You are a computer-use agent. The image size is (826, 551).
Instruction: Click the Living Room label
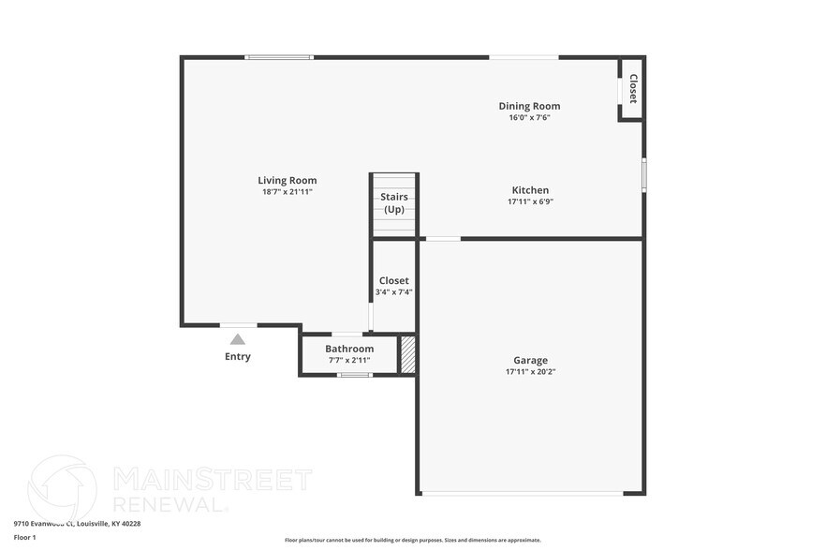288,180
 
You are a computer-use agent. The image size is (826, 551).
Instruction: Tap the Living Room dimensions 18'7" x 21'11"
288,191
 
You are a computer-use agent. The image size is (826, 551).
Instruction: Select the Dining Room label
529,106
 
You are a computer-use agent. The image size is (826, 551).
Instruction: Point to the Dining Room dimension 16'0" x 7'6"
529,117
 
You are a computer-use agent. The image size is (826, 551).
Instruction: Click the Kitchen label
530,190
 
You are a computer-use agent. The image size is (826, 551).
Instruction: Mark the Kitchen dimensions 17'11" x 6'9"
530,201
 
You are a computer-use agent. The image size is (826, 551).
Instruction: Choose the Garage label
530,360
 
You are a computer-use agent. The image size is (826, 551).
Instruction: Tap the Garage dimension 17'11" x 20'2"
530,371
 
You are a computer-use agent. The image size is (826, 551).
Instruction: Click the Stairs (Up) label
394,202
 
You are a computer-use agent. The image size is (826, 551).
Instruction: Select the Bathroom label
349,349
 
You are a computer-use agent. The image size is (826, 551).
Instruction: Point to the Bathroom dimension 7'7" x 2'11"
349,360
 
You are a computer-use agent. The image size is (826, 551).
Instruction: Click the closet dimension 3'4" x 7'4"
393,291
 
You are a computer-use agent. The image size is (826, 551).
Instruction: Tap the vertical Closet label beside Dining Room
633,89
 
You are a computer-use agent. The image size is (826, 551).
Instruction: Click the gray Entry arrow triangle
238,339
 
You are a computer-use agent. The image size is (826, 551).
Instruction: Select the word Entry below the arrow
238,356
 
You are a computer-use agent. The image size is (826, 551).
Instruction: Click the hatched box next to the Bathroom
407,354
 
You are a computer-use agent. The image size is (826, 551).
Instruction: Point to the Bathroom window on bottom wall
354,375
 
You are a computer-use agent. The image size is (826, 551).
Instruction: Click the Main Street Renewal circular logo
62,487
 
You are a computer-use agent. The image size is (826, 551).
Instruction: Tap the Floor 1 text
24,537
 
